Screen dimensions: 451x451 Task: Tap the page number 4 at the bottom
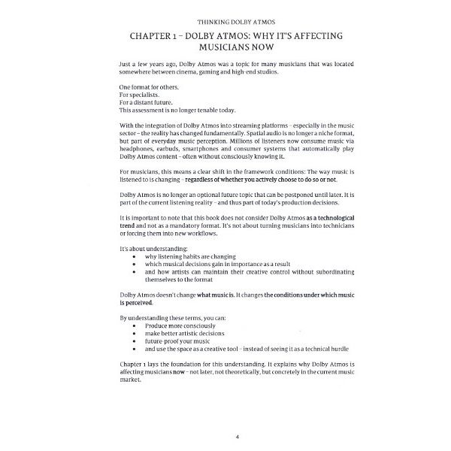point(226,434)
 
